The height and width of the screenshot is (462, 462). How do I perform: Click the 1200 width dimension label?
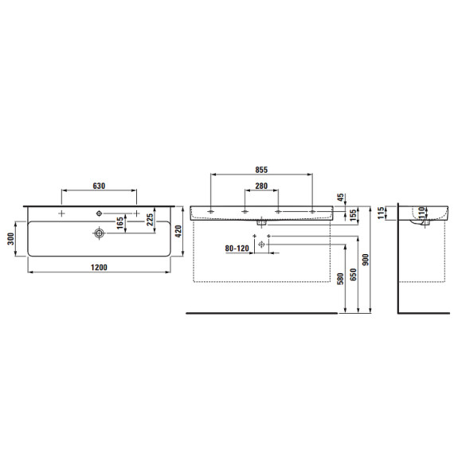click(99, 267)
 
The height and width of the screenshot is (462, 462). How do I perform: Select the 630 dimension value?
click(99, 186)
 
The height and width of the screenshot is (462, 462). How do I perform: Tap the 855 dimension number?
click(261, 170)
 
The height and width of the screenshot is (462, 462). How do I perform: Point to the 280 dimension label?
click(261, 186)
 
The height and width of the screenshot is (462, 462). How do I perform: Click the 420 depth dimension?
click(178, 231)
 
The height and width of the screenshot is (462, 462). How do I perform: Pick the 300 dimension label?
click(11, 239)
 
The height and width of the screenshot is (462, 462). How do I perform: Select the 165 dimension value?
click(120, 223)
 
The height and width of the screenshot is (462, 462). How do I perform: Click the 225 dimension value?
click(150, 220)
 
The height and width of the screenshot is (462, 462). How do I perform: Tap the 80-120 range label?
click(237, 249)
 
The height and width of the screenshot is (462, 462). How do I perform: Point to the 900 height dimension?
click(366, 260)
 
